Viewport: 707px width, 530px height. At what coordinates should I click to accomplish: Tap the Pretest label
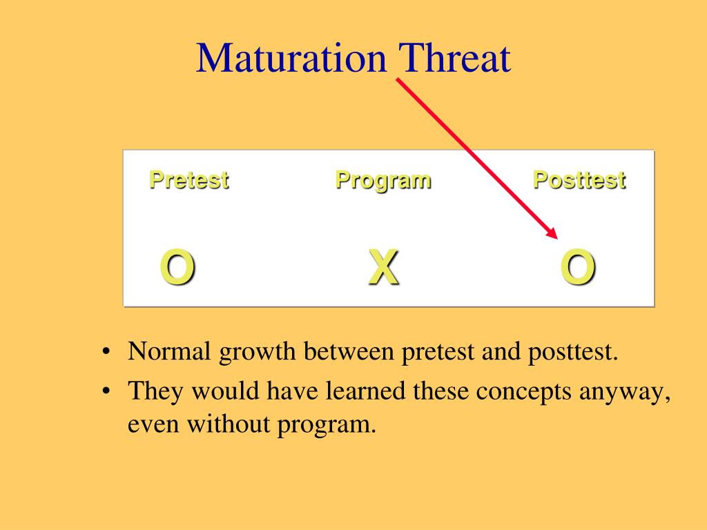[x=189, y=180]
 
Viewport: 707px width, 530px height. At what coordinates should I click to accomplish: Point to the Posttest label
[x=579, y=180]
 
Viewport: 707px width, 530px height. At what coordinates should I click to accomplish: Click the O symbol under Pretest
[x=177, y=267]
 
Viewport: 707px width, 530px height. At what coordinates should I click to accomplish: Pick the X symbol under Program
[x=384, y=267]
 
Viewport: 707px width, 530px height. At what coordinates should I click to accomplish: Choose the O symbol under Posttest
[x=578, y=267]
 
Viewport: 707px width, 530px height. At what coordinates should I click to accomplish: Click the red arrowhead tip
[x=557, y=238]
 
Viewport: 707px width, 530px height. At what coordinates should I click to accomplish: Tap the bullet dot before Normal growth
[x=106, y=351]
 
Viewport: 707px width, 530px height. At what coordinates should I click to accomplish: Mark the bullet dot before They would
[x=106, y=391]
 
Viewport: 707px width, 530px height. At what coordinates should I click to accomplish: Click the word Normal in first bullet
[x=170, y=351]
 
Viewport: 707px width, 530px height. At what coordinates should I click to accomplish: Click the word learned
[x=366, y=391]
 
